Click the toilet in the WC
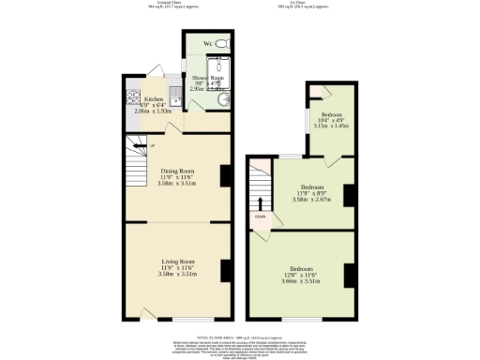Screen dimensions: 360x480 coord(222,44)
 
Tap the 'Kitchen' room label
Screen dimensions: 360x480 coord(154,97)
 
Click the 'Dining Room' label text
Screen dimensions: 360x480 coord(177,171)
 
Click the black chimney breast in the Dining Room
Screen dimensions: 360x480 coord(225,175)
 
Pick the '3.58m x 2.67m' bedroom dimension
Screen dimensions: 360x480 coord(312,199)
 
